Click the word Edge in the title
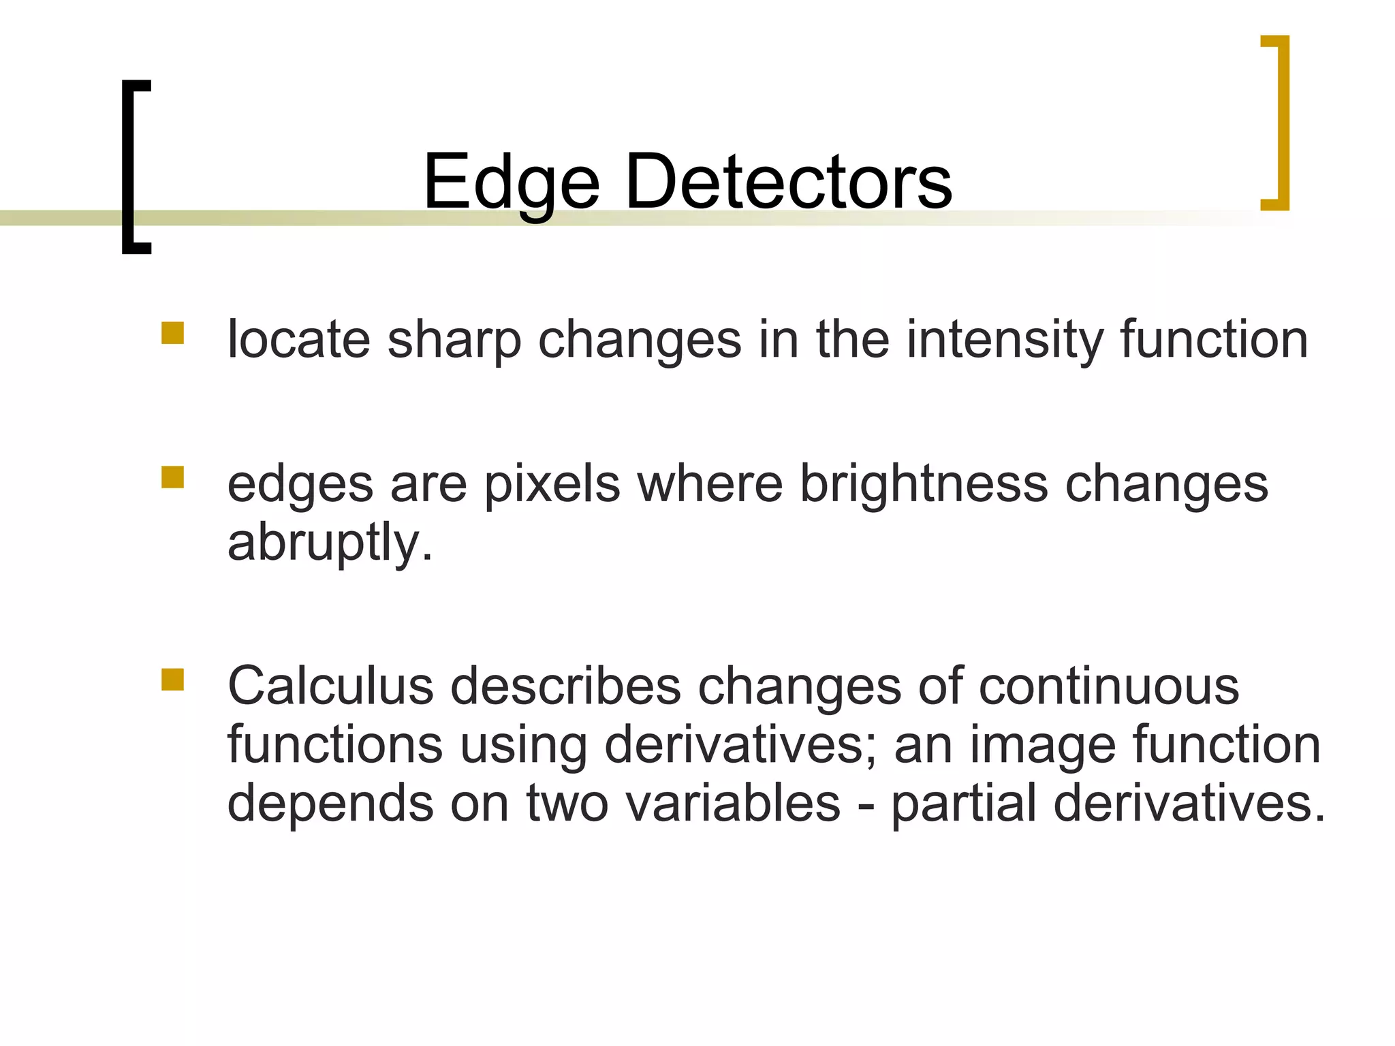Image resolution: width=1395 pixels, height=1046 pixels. pyautogui.click(x=511, y=183)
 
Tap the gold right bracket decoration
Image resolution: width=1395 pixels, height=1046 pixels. pyautogui.click(x=1284, y=123)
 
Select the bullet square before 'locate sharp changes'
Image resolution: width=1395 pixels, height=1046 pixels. pyautogui.click(x=173, y=333)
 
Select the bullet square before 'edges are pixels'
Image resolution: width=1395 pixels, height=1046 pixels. pyautogui.click(x=173, y=477)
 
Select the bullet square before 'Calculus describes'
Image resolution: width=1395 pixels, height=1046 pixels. pyautogui.click(x=173, y=680)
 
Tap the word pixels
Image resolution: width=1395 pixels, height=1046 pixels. pyautogui.click(x=552, y=485)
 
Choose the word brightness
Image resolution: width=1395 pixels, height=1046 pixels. pyautogui.click(x=924, y=485)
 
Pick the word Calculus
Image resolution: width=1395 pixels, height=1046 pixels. pyautogui.click(x=330, y=686)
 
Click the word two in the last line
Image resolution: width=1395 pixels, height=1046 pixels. pyautogui.click(x=567, y=804)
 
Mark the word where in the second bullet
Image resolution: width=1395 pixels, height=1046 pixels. pyautogui.click(x=709, y=484)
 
